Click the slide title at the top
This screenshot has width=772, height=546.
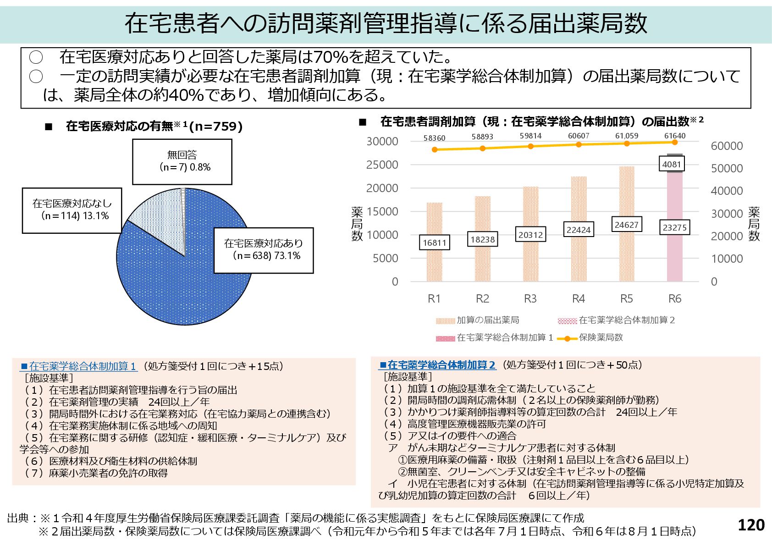tap(386, 23)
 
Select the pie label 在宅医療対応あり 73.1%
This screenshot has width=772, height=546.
tap(264, 250)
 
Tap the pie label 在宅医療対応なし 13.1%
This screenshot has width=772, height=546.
tap(72, 210)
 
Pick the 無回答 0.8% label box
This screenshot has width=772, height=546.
tap(182, 161)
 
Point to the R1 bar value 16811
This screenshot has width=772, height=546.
tap(434, 243)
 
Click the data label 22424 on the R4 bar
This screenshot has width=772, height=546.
tap(578, 230)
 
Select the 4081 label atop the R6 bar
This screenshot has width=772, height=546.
tap(672, 164)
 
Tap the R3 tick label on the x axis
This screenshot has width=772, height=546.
tap(530, 299)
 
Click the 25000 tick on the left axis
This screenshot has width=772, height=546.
tap(382, 165)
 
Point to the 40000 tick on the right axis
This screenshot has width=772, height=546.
tap(727, 191)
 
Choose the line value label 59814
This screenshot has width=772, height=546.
tap(530, 136)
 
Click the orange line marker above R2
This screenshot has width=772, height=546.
tap(482, 148)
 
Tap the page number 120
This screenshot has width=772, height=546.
tap(751, 525)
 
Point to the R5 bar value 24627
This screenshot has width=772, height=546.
tap(626, 225)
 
